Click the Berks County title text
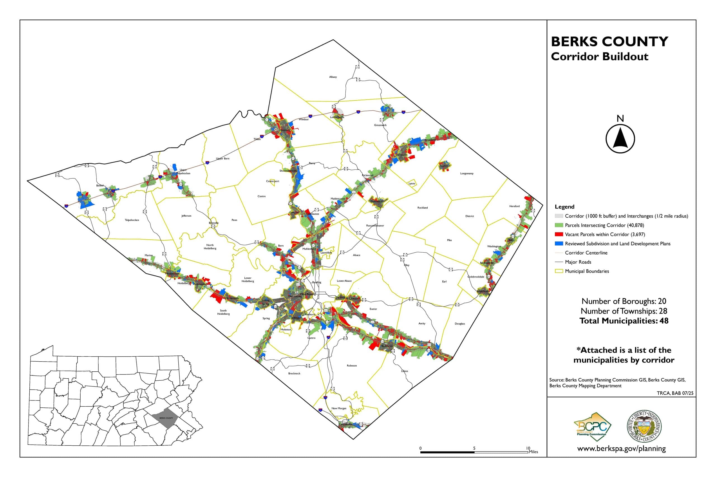pos(609,42)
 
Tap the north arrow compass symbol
pos(620,138)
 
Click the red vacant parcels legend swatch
pos(559,234)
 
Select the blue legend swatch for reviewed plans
pos(559,244)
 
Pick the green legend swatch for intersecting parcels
pos(559,225)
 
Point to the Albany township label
pos(333,77)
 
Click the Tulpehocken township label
pos(132,220)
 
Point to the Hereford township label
pos(514,206)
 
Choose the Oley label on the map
pos(407,265)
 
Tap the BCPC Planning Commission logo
pos(592,427)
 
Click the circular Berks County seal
pos(644,426)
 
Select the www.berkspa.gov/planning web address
pos(621,448)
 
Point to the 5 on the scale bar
pos(474,448)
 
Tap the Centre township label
pos(262,196)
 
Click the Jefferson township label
pos(186,216)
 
